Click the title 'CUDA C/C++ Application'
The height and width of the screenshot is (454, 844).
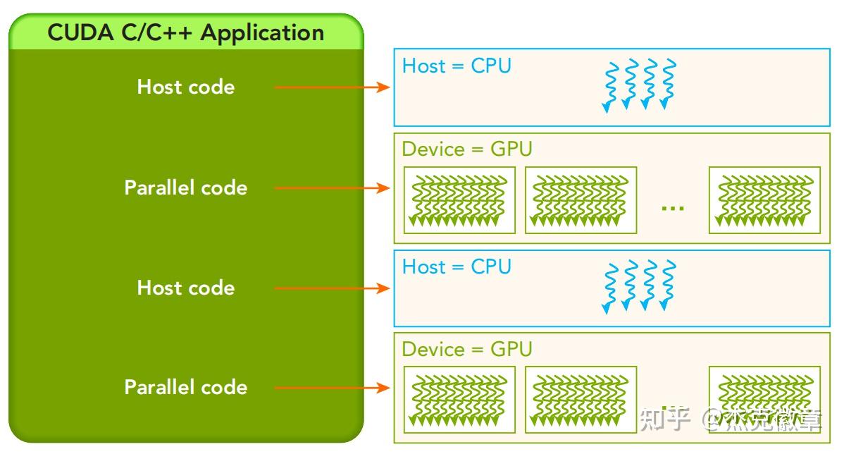[x=186, y=32]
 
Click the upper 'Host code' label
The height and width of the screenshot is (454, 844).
[x=186, y=87]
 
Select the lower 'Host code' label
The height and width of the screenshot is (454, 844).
[x=186, y=288]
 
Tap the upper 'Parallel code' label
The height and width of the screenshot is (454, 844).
[x=186, y=188]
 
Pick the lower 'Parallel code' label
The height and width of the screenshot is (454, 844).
[x=186, y=387]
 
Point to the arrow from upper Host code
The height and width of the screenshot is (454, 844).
[x=332, y=87]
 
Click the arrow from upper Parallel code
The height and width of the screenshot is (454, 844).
[x=332, y=188]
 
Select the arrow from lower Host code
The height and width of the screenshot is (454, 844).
[x=332, y=288]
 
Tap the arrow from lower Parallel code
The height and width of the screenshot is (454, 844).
[x=332, y=388]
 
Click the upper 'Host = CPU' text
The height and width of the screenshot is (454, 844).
[x=457, y=66]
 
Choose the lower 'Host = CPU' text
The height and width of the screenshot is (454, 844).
[x=457, y=267]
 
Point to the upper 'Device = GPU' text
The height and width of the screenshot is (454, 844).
[x=467, y=149]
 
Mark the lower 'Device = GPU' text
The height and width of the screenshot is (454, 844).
[x=467, y=350]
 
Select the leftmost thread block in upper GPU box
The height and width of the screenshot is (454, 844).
[x=459, y=200]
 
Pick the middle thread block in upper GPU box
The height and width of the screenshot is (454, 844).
[x=581, y=200]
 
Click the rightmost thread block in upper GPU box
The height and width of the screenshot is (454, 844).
[x=764, y=200]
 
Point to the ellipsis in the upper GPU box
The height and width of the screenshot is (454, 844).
[x=673, y=208]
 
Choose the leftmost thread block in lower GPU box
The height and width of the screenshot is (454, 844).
[x=459, y=400]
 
